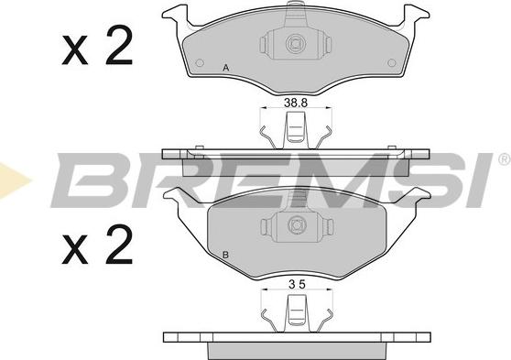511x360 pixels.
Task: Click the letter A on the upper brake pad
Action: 226,67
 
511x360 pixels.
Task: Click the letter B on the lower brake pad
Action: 226,254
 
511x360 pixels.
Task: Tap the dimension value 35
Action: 295,284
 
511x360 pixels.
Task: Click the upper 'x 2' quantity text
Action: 97,48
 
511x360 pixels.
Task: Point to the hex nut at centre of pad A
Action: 295,42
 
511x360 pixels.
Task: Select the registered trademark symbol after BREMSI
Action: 503,159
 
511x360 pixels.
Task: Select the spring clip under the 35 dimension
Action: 295,314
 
